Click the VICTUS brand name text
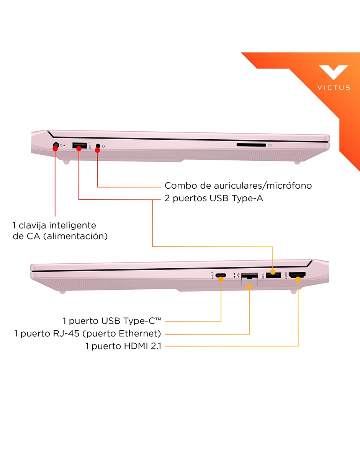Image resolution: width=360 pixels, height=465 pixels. [334, 88]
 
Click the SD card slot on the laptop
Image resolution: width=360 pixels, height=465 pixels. [251, 145]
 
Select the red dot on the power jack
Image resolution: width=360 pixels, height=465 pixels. [55, 148]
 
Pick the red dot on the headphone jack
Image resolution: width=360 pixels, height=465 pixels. [97, 150]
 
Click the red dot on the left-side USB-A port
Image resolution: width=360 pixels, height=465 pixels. [79, 148]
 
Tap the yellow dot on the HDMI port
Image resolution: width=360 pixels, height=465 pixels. [298, 279]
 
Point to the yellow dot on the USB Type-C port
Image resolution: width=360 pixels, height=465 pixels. [221, 279]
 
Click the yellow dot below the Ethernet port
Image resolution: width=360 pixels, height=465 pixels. [249, 287]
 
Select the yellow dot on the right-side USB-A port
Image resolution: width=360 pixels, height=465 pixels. [273, 272]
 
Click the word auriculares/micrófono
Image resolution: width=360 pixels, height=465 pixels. [263, 186]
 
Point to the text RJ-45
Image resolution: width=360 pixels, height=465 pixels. [66, 334]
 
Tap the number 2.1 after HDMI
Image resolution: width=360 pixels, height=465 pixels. [156, 346]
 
